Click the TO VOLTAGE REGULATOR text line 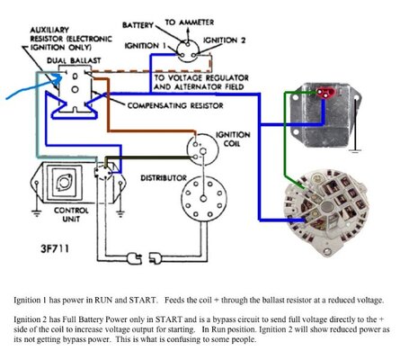click(x=207, y=78)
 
